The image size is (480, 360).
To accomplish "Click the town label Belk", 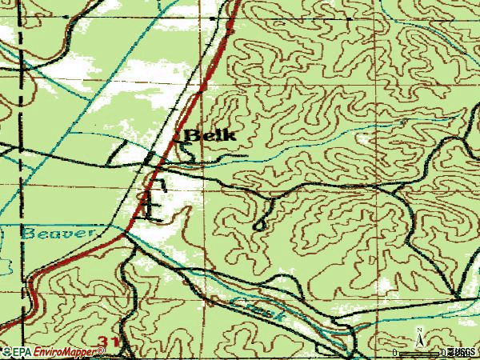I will pyautogui.click(x=210, y=135).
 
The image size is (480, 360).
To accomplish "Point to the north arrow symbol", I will pyautogui.click(x=418, y=339).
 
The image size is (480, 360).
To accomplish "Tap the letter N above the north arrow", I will pyautogui.click(x=418, y=330).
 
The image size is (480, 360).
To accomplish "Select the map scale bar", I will pyautogui.click(x=420, y=352).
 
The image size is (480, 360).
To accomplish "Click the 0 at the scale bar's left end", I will pyautogui.click(x=395, y=352).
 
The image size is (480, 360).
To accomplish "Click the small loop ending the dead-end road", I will pyautogui.click(x=258, y=226).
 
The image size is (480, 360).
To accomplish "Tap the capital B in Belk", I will pyautogui.click(x=192, y=135).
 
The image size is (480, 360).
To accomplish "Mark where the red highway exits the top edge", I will pyautogui.click(x=238, y=2).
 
